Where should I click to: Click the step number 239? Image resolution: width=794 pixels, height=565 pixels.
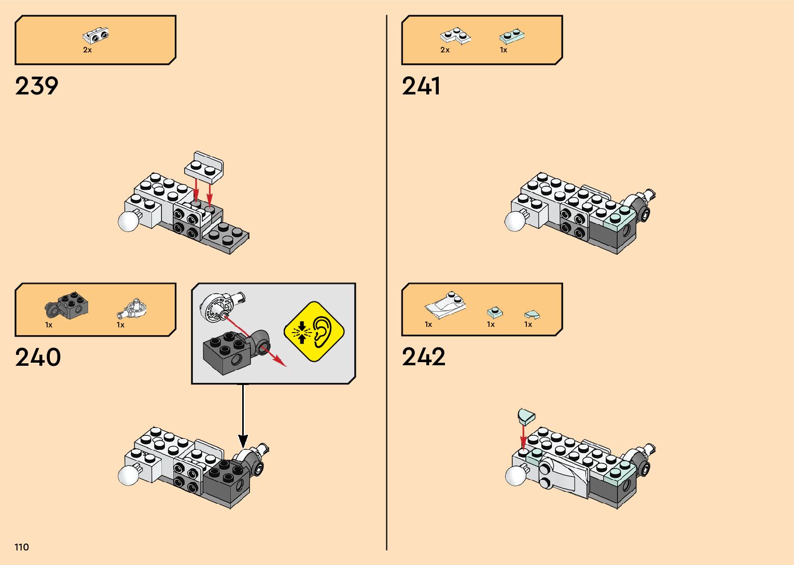(37, 86)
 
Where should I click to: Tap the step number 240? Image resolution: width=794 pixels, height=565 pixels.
(38, 357)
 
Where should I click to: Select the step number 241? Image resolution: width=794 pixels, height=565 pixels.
(421, 86)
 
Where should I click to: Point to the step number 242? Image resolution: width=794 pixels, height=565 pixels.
(424, 357)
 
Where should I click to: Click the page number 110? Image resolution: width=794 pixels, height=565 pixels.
(22, 547)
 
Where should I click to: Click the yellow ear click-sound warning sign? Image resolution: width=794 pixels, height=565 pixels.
(314, 332)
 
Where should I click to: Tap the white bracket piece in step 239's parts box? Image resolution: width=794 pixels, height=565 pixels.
(96, 36)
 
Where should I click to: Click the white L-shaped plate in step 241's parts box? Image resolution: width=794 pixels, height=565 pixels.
(455, 36)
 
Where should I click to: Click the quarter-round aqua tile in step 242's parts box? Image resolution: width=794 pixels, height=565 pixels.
(532, 314)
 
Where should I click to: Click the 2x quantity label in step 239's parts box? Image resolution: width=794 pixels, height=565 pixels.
(88, 50)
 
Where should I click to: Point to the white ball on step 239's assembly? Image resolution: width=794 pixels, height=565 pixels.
(128, 221)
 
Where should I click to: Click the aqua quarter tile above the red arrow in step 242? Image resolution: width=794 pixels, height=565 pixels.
(526, 416)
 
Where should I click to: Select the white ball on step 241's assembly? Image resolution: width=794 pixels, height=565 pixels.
(515, 221)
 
